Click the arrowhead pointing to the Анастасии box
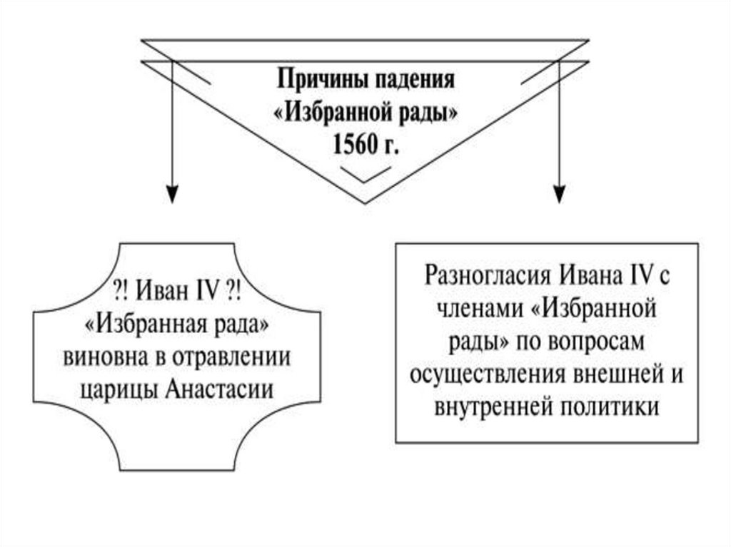(171, 192)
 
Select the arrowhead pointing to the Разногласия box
(560, 192)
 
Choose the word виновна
(102, 356)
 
